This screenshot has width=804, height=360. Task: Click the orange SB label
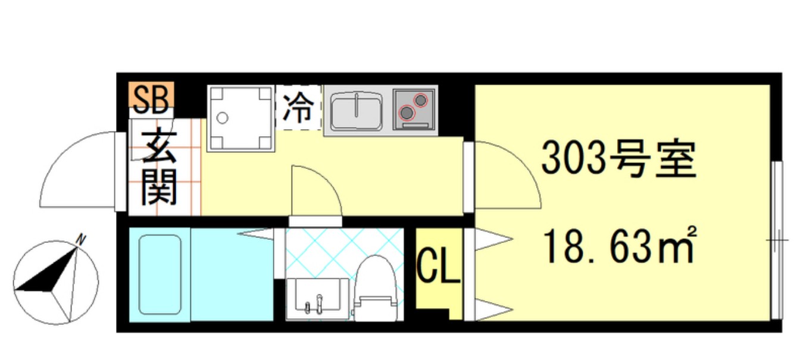click(151, 99)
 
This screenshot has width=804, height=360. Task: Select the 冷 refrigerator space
click(298, 108)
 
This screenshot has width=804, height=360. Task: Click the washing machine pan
click(240, 118)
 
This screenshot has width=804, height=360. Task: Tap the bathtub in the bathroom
click(159, 273)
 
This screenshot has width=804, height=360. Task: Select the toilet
click(375, 289)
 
